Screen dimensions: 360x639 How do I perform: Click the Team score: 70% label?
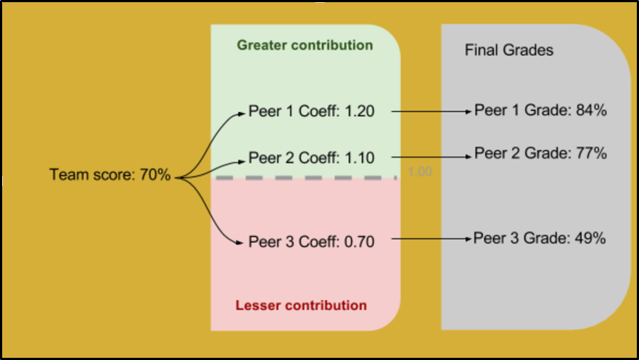click(x=110, y=175)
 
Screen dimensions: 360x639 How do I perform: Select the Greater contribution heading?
click(x=305, y=46)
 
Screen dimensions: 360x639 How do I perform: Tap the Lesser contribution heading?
click(x=301, y=306)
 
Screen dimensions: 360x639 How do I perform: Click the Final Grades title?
click(x=508, y=51)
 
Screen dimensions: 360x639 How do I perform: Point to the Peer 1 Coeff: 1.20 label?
click(x=311, y=112)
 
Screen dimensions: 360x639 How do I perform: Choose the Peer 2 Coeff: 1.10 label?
click(x=311, y=157)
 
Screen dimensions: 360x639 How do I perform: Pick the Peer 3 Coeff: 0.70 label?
click(x=311, y=242)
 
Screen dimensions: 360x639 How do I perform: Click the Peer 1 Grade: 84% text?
click(x=540, y=111)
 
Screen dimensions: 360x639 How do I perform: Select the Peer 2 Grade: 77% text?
click(x=540, y=154)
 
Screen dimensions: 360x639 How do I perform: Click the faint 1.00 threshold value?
click(x=420, y=173)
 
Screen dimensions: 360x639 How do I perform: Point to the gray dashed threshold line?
click(x=305, y=177)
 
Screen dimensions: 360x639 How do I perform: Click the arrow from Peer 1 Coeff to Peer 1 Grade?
click(x=432, y=112)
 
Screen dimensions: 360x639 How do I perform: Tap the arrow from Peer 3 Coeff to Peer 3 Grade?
click(x=432, y=239)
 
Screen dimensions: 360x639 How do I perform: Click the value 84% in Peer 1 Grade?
click(x=591, y=111)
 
